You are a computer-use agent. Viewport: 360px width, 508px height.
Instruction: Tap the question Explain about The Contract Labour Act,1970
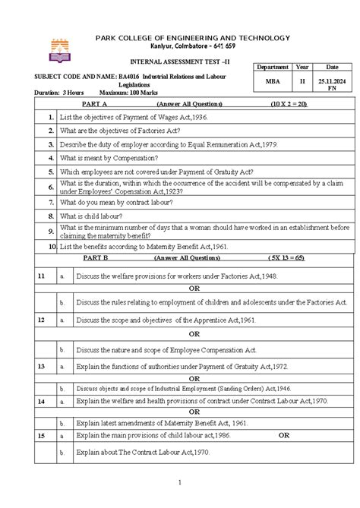coord(143,451)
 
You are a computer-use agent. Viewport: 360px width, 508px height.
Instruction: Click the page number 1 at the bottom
coord(179,483)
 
